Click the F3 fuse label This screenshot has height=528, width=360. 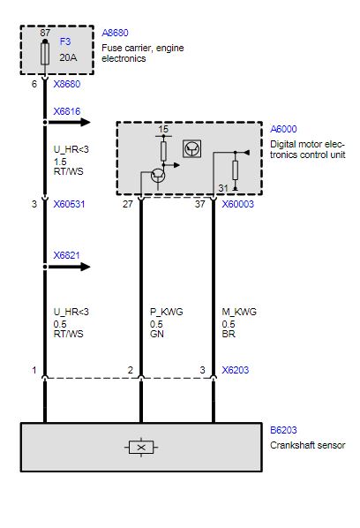(x=65, y=41)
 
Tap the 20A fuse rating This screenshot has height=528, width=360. (x=68, y=57)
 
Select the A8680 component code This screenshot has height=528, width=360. (x=115, y=33)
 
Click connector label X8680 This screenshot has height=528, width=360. (x=67, y=84)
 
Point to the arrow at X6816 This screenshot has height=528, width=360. (x=69, y=122)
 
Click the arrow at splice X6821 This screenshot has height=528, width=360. (x=69, y=267)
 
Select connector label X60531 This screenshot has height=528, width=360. (x=69, y=204)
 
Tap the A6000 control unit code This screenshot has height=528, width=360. (x=283, y=129)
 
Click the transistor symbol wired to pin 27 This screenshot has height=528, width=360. (x=158, y=175)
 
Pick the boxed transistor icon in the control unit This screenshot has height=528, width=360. (x=192, y=148)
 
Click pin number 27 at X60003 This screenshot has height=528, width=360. (x=128, y=204)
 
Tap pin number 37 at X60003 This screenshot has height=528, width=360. (x=199, y=204)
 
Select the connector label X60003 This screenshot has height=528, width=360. (x=238, y=204)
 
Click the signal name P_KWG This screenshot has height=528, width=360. (x=167, y=312)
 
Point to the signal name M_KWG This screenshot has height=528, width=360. (x=239, y=312)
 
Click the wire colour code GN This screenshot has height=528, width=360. (x=157, y=334)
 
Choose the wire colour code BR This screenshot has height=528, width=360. (x=229, y=334)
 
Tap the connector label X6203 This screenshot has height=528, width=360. (x=236, y=370)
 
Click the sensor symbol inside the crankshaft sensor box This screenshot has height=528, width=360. (x=141, y=448)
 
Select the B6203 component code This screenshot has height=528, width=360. (x=283, y=430)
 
